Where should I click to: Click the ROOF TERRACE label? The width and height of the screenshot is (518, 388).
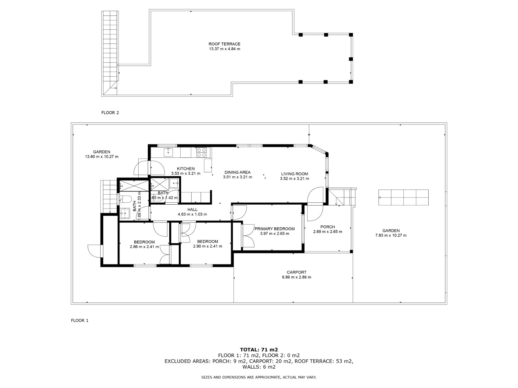pyautogui.click(x=224, y=44)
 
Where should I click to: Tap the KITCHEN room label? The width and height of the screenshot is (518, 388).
pyautogui.click(x=186, y=169)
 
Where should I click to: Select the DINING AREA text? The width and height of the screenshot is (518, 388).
pyautogui.click(x=237, y=172)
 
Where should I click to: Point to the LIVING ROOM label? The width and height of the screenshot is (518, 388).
pyautogui.click(x=295, y=174)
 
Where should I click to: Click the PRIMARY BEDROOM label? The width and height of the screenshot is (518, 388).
pyautogui.click(x=275, y=229)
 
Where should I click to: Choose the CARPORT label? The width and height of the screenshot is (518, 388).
pyautogui.click(x=297, y=272)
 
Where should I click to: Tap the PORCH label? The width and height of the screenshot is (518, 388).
pyautogui.click(x=328, y=227)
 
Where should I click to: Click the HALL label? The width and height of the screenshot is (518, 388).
pyautogui.click(x=192, y=210)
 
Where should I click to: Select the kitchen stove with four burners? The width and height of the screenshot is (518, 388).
pyautogui.click(x=202, y=152)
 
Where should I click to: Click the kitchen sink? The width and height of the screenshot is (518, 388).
pyautogui.click(x=168, y=152)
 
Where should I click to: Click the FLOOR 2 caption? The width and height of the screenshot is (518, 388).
pyautogui.click(x=110, y=113)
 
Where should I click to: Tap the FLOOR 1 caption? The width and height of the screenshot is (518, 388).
pyautogui.click(x=80, y=320)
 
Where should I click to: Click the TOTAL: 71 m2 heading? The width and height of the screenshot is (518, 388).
pyautogui.click(x=259, y=350)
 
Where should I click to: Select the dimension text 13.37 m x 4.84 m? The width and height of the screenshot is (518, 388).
pyautogui.click(x=224, y=49)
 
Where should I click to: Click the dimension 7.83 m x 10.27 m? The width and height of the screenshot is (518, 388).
pyautogui.click(x=391, y=235)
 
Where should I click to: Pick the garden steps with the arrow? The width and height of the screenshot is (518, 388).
pyautogui.click(x=403, y=198)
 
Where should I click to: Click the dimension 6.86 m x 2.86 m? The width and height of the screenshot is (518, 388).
pyautogui.click(x=297, y=277)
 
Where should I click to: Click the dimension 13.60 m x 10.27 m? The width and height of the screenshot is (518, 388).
pyautogui.click(x=101, y=157)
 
